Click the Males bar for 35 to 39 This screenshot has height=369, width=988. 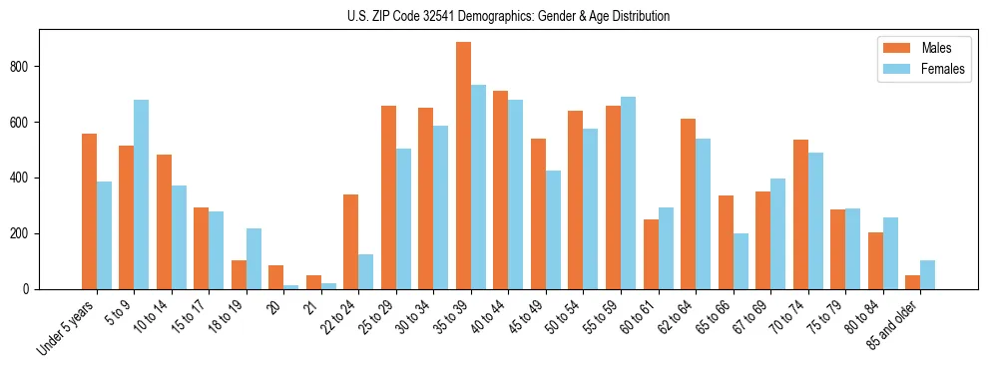pos(463,166)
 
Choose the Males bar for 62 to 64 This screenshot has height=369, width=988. pos(689,203)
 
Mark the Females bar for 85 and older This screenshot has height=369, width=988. pos(928,274)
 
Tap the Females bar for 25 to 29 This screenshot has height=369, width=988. pos(404,218)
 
